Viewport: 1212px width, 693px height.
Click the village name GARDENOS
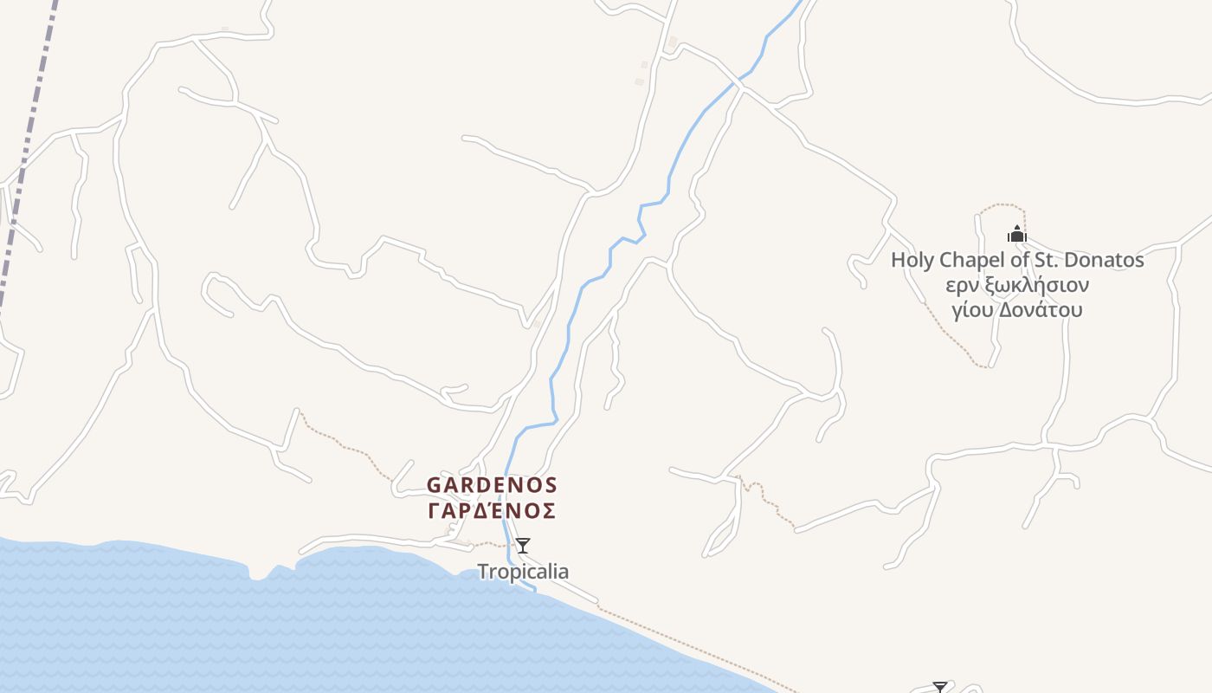(x=492, y=484)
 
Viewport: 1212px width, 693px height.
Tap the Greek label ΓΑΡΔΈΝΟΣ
(x=492, y=511)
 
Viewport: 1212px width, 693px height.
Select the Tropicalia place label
(x=523, y=572)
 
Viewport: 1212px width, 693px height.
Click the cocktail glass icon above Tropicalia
(x=522, y=546)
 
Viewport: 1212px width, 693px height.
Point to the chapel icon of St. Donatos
(x=1016, y=234)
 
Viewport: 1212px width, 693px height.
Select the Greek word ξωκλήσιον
(x=1036, y=285)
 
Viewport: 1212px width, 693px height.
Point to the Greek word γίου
(x=972, y=310)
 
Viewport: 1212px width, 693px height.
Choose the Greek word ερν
(x=962, y=285)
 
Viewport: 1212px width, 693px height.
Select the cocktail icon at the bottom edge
(x=940, y=688)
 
